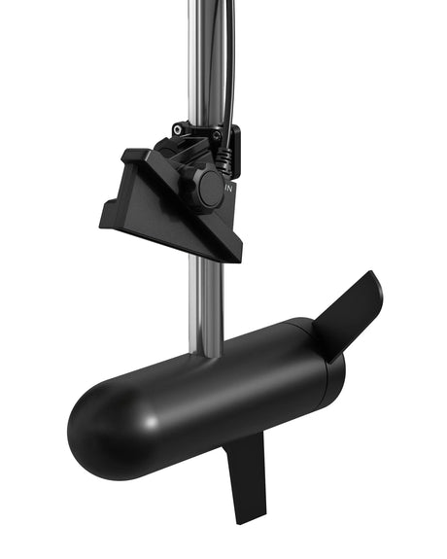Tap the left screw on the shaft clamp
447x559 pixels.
coord(177,127)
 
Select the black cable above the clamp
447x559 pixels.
coord(227,58)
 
